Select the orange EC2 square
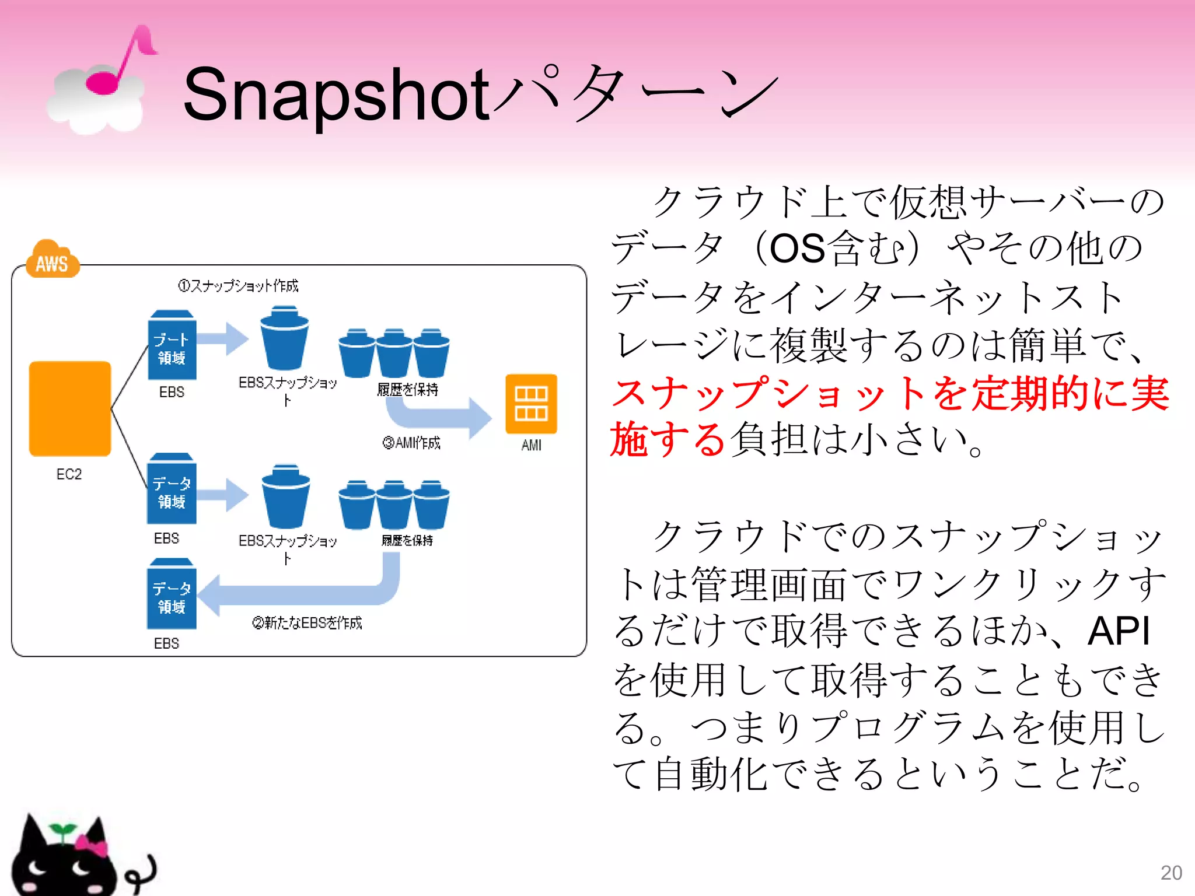click(70, 408)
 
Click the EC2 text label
click(69, 474)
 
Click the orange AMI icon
click(531, 404)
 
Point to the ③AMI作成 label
click(411, 443)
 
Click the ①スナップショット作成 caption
click(238, 286)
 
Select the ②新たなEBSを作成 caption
click(307, 623)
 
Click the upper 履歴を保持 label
click(407, 390)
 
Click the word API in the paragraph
click(1118, 631)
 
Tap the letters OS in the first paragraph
click(797, 249)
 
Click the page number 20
click(1170, 873)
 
